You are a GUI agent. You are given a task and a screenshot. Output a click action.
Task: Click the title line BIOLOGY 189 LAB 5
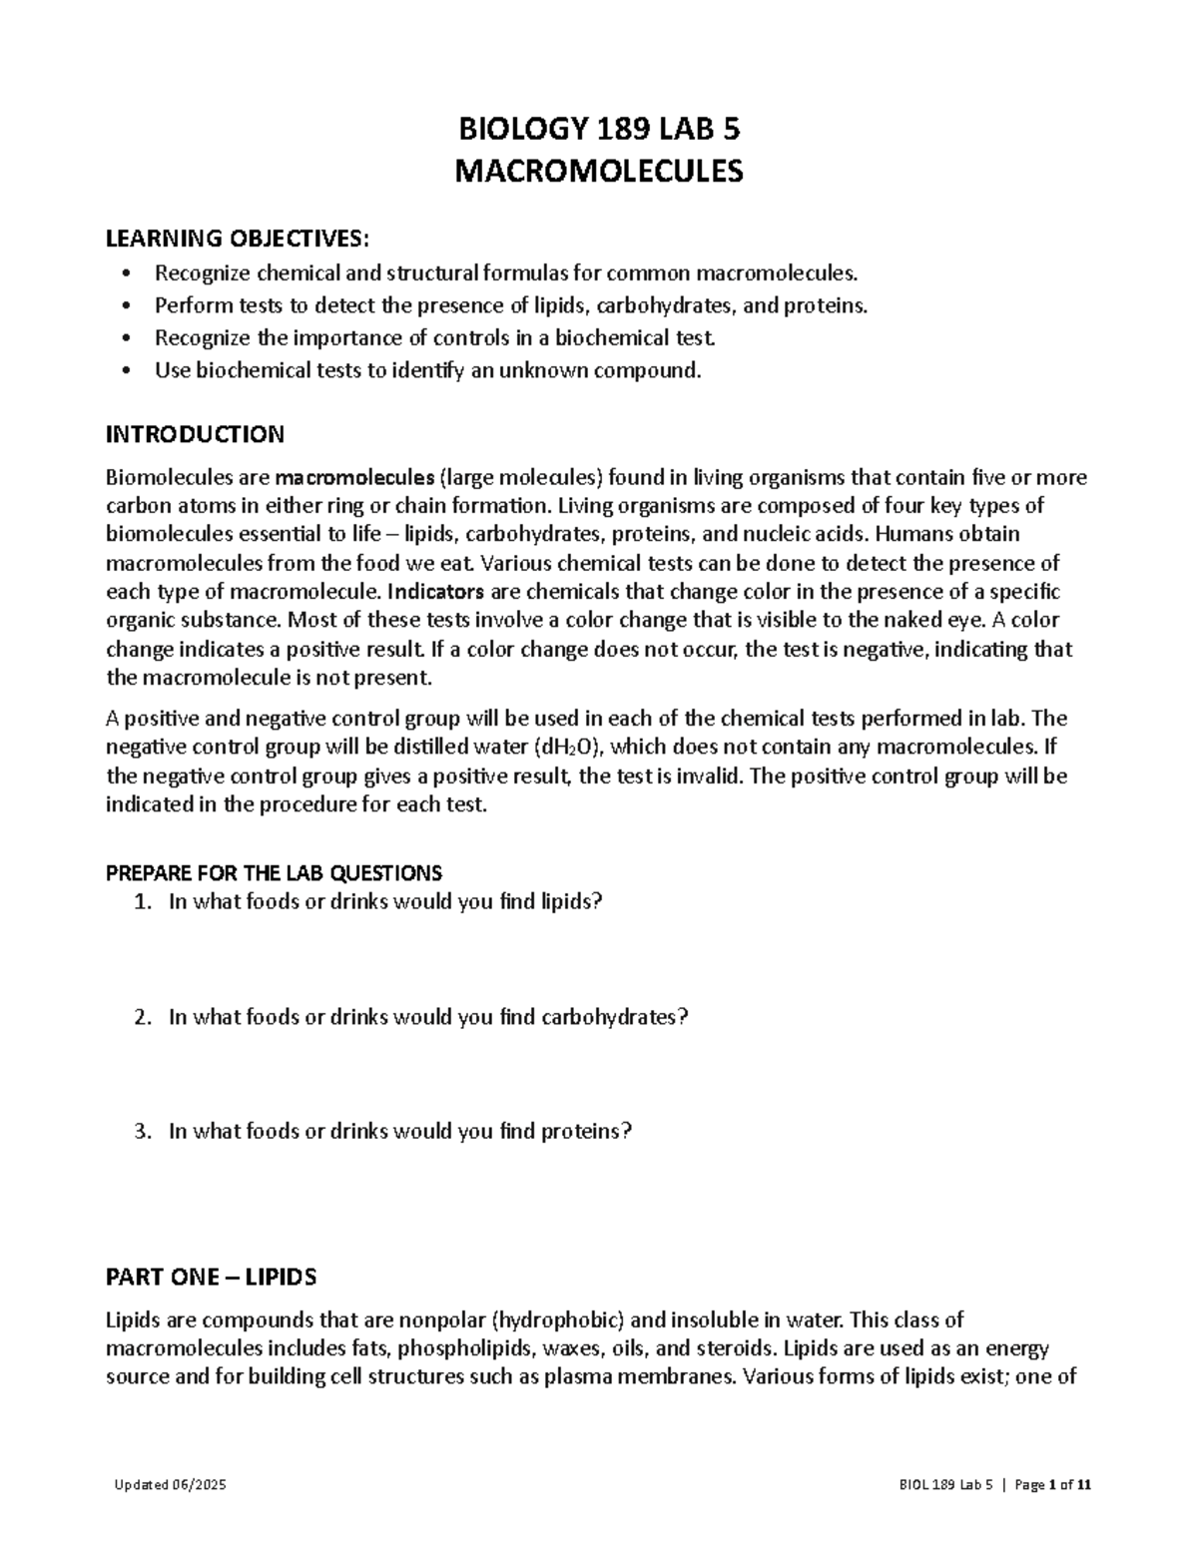(x=599, y=130)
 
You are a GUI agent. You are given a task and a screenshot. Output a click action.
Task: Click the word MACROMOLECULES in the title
(x=599, y=172)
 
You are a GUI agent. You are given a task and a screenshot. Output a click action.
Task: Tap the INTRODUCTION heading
(x=195, y=434)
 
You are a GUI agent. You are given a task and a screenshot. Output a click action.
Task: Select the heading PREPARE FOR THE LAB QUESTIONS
(x=274, y=873)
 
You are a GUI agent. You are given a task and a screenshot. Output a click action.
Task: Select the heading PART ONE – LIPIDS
(x=211, y=1277)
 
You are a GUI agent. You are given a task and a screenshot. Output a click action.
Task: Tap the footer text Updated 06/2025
(x=170, y=1484)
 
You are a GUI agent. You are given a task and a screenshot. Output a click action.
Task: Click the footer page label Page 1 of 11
(x=1052, y=1484)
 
